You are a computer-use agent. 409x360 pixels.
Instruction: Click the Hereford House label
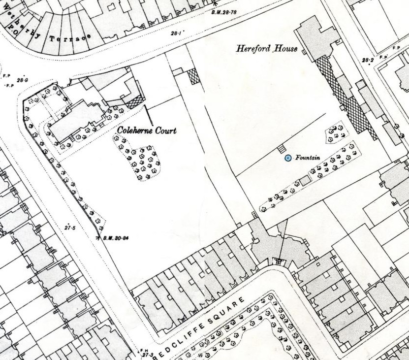coord(267,49)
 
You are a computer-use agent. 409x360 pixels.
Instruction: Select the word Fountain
coord(308,158)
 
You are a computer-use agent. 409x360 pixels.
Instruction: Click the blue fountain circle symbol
coord(288,158)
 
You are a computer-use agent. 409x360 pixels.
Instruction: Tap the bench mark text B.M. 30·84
coord(117,239)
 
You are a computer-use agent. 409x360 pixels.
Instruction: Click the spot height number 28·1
coord(176,33)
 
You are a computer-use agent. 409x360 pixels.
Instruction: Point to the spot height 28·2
coord(368,61)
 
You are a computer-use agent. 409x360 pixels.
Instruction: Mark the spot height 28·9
coord(23,80)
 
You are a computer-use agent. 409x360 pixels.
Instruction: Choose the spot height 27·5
coord(70,227)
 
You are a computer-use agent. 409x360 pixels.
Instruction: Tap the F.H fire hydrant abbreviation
coord(145,349)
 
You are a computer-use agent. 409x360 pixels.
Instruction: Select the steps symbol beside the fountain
coord(281,148)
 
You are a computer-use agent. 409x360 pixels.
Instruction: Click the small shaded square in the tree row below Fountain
coord(305,181)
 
